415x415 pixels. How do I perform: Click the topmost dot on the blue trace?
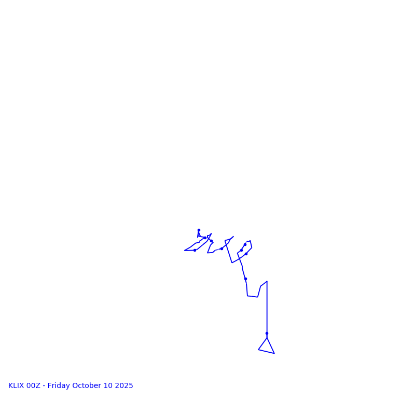[199, 230]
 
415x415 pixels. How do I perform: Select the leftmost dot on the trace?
[195, 250]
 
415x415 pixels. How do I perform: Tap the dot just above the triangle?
[267, 333]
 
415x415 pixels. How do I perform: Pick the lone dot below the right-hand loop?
[245, 279]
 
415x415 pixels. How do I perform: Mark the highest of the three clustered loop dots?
[245, 244]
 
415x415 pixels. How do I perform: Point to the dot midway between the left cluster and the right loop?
[222, 248]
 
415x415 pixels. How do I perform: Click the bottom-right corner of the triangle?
[274, 353]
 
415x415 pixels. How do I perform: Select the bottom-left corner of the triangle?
[258, 350]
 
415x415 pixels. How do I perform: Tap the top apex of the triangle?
[267, 338]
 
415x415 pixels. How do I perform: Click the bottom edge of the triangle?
[266, 352]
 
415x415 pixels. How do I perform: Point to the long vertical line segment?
[267, 309]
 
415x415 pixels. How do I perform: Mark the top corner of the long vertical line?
[267, 282]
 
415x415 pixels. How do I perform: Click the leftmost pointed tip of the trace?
[185, 251]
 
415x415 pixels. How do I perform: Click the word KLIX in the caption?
[16, 386]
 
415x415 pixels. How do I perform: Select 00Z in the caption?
[33, 386]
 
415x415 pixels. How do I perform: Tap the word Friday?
[59, 386]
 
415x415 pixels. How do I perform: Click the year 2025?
[124, 386]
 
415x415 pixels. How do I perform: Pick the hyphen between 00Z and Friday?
[44, 386]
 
